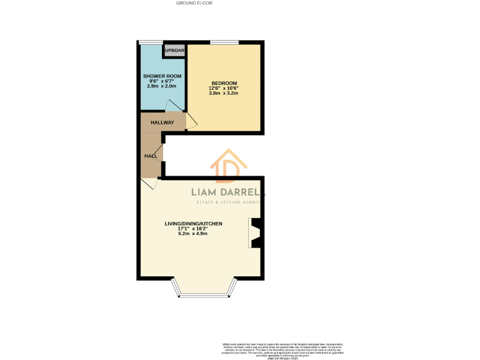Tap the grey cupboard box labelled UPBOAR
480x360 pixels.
(174, 51)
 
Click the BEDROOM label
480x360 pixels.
(224, 83)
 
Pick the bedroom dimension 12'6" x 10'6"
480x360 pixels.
(224, 88)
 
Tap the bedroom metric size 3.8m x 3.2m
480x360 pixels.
(224, 94)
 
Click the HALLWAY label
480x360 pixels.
(162, 122)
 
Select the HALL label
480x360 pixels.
(151, 155)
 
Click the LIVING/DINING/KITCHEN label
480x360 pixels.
(193, 223)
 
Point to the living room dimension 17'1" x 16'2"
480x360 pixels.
(193, 228)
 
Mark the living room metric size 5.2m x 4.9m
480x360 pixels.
(193, 234)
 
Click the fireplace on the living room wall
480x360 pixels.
(256, 232)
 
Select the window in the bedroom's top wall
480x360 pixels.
(224, 42)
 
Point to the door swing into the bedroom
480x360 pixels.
(191, 122)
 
